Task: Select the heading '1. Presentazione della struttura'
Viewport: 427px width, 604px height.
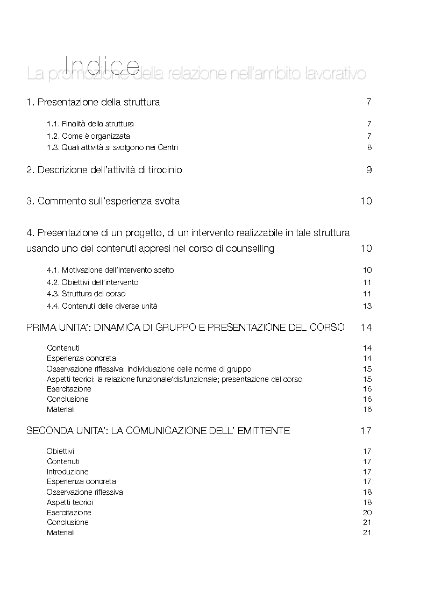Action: point(93,102)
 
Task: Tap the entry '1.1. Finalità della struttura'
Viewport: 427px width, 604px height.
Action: point(90,124)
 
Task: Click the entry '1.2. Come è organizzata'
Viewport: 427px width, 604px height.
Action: point(88,136)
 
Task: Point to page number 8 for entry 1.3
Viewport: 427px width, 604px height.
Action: point(369,148)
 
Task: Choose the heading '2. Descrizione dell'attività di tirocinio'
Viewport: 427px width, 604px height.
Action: point(104,170)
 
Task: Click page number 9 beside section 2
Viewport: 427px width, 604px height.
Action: point(369,170)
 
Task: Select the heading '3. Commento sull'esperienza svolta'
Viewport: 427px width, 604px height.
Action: point(103,202)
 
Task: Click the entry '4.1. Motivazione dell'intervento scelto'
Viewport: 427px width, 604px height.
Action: point(110,271)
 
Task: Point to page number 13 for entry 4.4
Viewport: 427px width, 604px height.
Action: point(367,307)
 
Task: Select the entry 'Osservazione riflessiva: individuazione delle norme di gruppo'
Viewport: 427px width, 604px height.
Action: point(149,369)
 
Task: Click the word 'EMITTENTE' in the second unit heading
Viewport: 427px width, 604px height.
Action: point(265,431)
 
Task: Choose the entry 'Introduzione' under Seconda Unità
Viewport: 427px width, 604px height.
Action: point(68,472)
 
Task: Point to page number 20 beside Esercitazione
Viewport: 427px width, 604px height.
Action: point(367,513)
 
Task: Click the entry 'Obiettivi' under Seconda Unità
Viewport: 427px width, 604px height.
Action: point(61,451)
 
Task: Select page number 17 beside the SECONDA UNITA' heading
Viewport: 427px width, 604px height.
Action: point(366,431)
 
